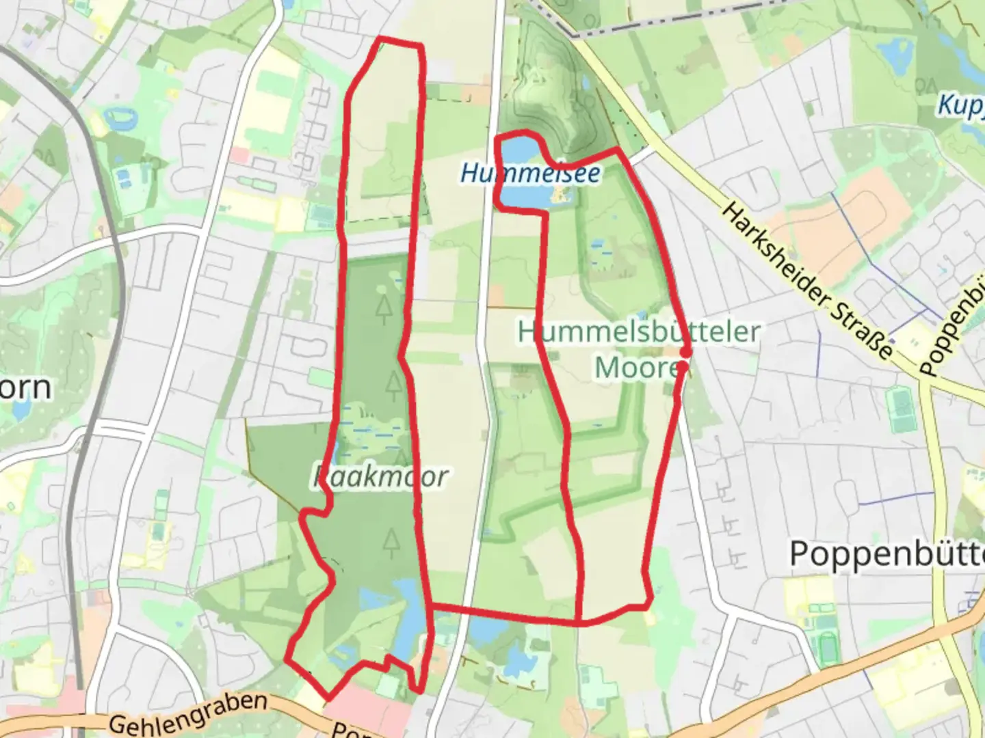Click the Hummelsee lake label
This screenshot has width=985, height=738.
click(x=531, y=174)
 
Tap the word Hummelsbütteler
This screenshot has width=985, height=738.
click(x=639, y=333)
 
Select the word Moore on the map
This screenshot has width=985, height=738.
click(x=636, y=368)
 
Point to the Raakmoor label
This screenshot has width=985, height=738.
click(x=380, y=477)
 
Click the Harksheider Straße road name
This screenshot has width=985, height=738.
click(x=807, y=281)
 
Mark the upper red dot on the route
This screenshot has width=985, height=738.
click(x=685, y=352)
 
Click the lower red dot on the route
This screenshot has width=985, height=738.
click(x=682, y=367)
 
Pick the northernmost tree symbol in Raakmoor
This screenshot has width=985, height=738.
click(x=384, y=309)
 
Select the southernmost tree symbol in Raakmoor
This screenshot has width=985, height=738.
click(x=391, y=543)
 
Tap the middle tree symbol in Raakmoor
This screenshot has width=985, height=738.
click(x=393, y=386)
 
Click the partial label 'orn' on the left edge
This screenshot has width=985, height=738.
click(x=25, y=387)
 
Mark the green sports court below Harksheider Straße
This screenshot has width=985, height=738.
click(x=901, y=409)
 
